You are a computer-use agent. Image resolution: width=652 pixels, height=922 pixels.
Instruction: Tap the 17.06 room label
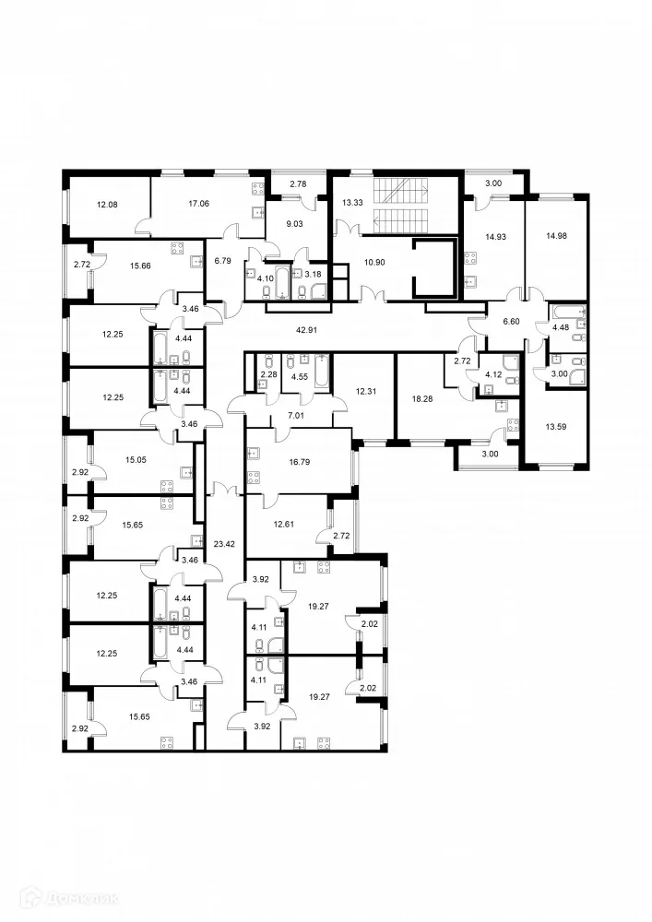[197, 203]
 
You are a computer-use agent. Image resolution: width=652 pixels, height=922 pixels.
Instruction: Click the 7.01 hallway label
[296, 416]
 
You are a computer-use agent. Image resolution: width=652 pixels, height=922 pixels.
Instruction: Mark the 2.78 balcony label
[298, 185]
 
